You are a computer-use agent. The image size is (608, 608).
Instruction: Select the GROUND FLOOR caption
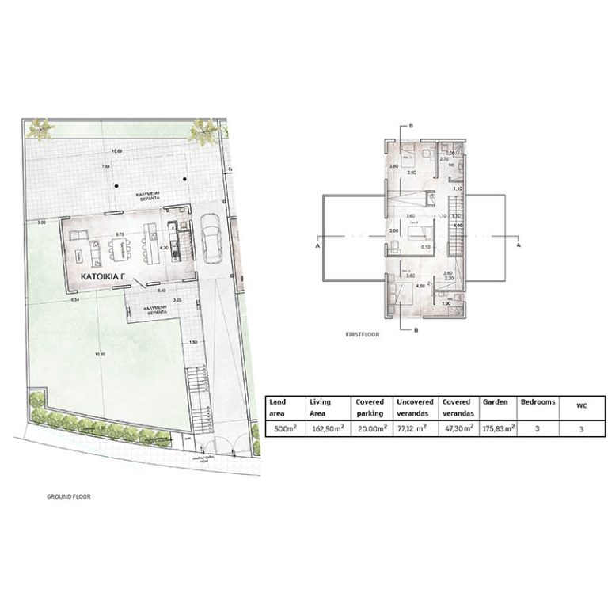coord(70,497)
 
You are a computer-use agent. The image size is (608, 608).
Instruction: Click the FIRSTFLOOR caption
coord(362,335)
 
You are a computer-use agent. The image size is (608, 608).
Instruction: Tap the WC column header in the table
coord(581,405)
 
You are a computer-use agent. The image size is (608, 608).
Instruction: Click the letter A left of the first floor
coord(317,246)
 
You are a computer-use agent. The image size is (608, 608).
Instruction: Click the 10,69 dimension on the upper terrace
coord(117,150)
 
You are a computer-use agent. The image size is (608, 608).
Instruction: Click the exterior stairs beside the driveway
coord(196,386)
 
